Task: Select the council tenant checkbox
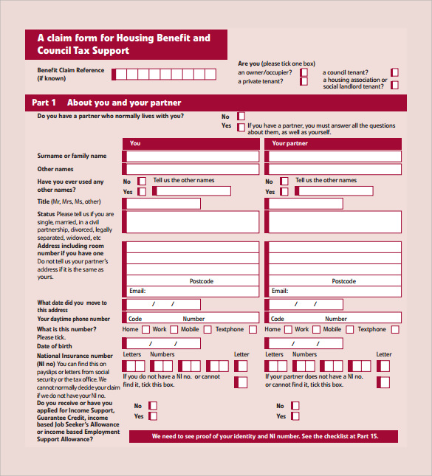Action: pos(394,72)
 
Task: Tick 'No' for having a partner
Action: pos(241,117)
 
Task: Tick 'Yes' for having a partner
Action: pos(241,126)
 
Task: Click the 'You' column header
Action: pos(135,143)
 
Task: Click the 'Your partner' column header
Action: pos(289,143)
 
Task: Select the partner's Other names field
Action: pos(334,170)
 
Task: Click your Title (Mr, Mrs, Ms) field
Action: pos(162,203)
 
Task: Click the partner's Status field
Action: pos(334,221)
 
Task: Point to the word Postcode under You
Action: pos(201,281)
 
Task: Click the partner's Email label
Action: pos(279,291)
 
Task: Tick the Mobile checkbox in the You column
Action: pos(208,330)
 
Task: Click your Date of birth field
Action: pos(162,343)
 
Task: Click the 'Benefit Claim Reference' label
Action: pos(71,72)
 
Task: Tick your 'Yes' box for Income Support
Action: pos(153,416)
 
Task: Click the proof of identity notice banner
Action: pos(265,437)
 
